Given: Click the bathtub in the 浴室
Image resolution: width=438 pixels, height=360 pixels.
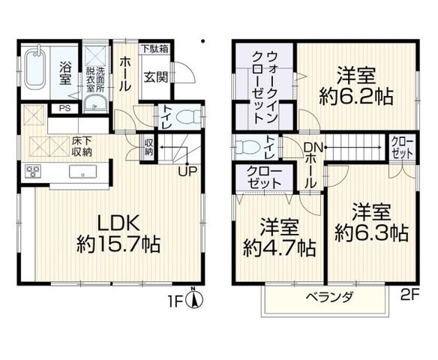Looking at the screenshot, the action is tap(35, 68).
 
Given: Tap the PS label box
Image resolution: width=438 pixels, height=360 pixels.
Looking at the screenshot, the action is tap(64, 108).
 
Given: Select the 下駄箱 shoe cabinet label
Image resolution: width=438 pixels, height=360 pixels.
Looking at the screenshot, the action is tap(154, 49).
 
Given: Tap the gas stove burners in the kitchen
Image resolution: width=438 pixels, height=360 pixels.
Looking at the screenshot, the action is tap(33, 171).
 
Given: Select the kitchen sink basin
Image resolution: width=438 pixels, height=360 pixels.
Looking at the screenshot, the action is tap(83, 171).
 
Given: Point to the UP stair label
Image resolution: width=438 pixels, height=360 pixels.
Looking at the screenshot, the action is tap(188, 171).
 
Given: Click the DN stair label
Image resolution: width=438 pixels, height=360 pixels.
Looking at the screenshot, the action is tap(313, 148).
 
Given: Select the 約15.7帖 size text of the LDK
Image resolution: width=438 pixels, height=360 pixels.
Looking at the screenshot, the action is tap(118, 244).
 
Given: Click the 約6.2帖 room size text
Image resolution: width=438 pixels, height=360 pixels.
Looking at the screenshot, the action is tap(356, 97).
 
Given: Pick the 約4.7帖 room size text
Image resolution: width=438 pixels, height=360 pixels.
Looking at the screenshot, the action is tap(279, 248).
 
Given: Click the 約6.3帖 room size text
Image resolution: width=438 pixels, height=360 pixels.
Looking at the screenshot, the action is tap(371, 232).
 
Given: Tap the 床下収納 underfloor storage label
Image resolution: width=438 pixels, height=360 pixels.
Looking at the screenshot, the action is tap(82, 146).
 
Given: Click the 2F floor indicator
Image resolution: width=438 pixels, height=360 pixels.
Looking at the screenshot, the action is tap(409, 295).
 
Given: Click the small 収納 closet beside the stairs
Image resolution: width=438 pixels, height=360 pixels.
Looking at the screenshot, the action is tap(148, 148).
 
